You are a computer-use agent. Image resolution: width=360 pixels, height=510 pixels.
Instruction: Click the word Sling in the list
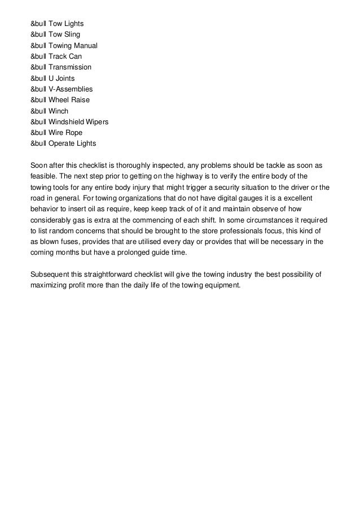(x=71, y=35)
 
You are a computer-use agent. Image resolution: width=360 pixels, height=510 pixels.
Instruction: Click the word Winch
(x=58, y=111)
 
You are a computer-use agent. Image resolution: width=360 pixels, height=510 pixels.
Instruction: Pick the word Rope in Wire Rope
(x=73, y=133)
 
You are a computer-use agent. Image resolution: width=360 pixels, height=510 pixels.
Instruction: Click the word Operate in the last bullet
(x=63, y=143)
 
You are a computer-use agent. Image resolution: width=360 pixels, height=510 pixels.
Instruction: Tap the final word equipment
(x=219, y=285)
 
